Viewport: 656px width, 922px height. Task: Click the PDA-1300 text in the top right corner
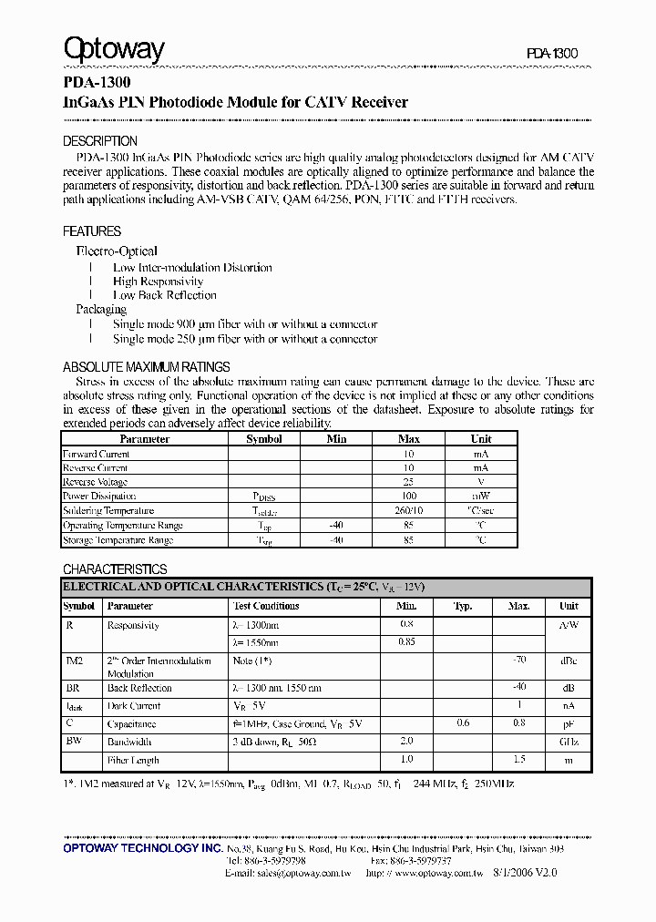[x=551, y=54]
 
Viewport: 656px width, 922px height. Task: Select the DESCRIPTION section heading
[x=100, y=141]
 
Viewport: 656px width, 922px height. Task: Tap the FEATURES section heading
[x=92, y=231]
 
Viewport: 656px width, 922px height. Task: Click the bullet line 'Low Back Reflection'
[x=164, y=295]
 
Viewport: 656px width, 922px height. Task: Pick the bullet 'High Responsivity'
[x=158, y=282]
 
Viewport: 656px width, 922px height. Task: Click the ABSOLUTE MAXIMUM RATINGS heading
[x=146, y=366]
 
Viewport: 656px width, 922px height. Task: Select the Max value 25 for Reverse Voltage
[x=408, y=482]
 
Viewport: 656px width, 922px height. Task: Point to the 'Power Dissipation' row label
[x=99, y=497]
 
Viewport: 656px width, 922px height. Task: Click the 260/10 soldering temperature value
[x=408, y=511]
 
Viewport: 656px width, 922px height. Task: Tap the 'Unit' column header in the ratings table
[x=480, y=439]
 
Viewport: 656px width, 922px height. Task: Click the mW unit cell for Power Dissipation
[x=480, y=497]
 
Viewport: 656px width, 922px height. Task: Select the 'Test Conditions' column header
[x=266, y=606]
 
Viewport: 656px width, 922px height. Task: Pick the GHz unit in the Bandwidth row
[x=569, y=742]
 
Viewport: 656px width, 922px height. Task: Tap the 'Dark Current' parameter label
[x=133, y=706]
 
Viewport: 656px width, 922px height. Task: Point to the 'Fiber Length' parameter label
[x=133, y=760]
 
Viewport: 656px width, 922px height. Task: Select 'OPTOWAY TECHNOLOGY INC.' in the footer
[x=143, y=848]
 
